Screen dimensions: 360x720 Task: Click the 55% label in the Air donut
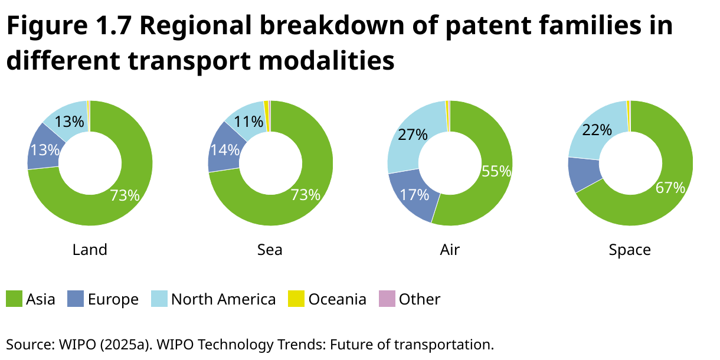(x=496, y=171)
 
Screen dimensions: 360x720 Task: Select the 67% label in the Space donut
(x=670, y=188)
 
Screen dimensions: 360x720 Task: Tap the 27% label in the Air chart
(x=413, y=135)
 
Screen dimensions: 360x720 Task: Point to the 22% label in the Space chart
(x=597, y=130)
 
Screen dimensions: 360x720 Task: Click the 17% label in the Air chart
(x=415, y=195)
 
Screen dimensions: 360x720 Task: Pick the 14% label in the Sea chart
(x=225, y=150)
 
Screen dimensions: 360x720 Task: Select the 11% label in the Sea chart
(x=248, y=122)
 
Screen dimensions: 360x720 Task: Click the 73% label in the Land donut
(x=125, y=195)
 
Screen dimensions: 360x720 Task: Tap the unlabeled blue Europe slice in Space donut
(x=583, y=174)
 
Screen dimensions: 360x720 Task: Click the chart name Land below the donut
(x=90, y=250)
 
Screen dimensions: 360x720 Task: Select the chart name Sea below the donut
(x=270, y=250)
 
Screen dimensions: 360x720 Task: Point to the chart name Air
(x=450, y=250)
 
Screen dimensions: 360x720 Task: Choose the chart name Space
(x=630, y=250)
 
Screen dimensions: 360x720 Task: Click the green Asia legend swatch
(x=14, y=299)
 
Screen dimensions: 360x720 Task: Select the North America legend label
(x=223, y=299)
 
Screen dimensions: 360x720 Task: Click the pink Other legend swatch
(x=386, y=299)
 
